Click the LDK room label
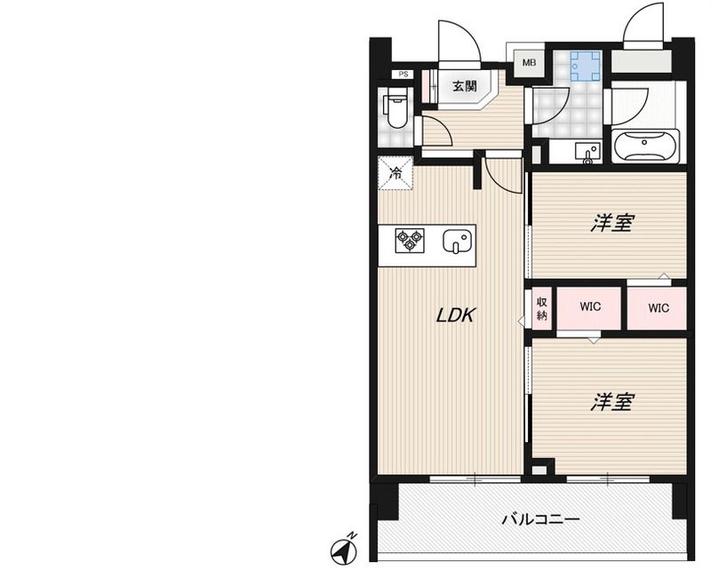(x=456, y=314)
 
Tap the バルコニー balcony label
(x=540, y=519)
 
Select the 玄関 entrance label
(x=464, y=86)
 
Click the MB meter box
(x=529, y=63)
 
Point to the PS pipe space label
(x=403, y=75)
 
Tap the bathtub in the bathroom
(x=646, y=146)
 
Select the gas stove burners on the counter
(x=410, y=241)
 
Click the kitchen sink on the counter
(x=457, y=241)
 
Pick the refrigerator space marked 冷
(x=395, y=172)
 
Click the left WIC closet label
(x=590, y=307)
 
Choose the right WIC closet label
(x=659, y=308)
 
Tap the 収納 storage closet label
(x=541, y=308)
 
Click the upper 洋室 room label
(x=611, y=223)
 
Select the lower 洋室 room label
(x=611, y=401)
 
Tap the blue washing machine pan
(x=586, y=66)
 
